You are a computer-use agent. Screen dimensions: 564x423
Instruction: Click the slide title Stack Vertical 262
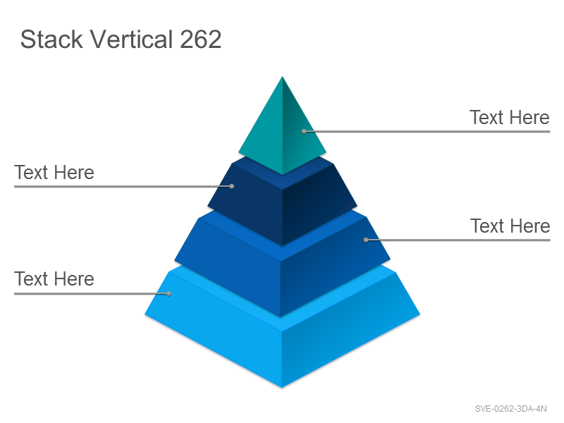121,39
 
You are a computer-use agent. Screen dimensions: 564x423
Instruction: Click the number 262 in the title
201,39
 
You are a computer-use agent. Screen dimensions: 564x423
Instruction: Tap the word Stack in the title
51,39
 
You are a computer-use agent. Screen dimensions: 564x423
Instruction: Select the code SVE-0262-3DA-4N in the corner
510,409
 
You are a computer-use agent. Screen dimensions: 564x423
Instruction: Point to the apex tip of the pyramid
283,77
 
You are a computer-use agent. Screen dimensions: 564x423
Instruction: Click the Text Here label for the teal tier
510,118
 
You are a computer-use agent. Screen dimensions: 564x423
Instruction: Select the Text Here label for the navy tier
54,172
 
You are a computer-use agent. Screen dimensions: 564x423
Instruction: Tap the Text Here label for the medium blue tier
510,226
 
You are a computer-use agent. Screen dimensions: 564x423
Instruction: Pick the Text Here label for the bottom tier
54,278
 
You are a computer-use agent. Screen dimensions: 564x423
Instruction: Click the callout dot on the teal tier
304,132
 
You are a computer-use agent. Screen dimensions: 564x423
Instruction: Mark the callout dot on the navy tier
232,186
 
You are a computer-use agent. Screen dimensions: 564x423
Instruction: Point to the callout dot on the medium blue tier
366,240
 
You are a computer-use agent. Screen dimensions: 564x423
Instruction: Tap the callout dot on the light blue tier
168,293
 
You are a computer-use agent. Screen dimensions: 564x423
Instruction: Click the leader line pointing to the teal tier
427,132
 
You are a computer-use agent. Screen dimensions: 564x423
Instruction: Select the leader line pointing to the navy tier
123,186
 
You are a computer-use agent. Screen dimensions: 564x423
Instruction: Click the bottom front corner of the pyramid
282,388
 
